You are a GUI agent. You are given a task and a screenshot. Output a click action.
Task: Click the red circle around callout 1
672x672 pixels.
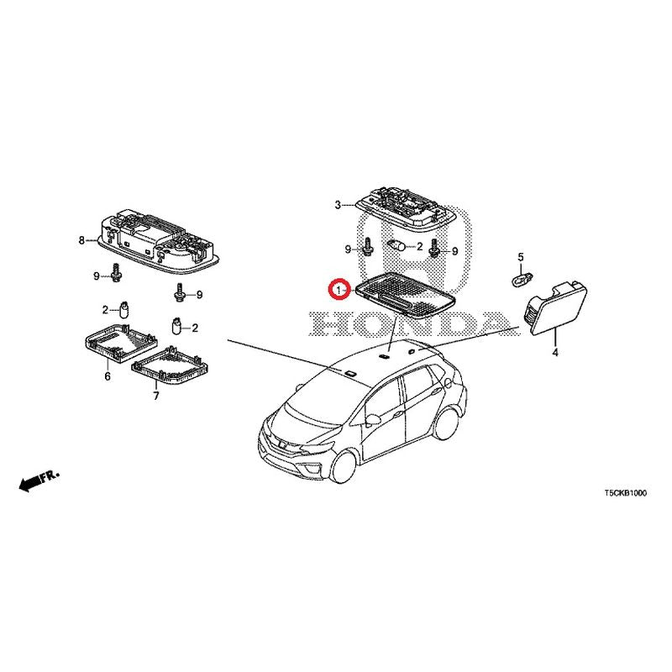[x=339, y=290]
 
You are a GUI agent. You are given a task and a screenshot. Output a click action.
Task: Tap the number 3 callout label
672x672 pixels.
[x=338, y=205]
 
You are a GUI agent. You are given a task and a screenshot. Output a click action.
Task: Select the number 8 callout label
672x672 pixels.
[x=81, y=240]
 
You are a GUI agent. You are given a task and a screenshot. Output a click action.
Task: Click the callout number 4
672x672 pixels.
[x=555, y=353]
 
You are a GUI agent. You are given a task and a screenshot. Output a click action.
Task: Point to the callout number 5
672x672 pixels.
[x=521, y=257]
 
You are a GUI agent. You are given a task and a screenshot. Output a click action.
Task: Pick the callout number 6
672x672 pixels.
[x=108, y=376]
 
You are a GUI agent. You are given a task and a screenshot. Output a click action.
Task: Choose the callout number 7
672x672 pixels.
[x=156, y=396]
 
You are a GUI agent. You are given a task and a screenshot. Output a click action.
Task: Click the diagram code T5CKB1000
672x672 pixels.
[x=625, y=493]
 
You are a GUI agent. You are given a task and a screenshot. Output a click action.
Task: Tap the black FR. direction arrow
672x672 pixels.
[x=39, y=480]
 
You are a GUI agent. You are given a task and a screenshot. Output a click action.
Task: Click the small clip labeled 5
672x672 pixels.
[x=522, y=279]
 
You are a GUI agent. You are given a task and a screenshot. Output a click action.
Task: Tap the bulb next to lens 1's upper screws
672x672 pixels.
[x=396, y=246]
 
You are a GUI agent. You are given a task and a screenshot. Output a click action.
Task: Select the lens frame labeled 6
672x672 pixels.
[x=120, y=343]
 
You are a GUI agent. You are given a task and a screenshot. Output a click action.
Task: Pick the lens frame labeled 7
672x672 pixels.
[x=171, y=365]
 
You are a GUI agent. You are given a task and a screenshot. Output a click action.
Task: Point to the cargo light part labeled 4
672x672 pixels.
[x=555, y=308]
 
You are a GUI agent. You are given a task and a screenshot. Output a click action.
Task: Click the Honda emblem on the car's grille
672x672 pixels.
[x=282, y=444]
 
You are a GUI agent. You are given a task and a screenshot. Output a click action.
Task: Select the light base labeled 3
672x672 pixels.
[x=402, y=207]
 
